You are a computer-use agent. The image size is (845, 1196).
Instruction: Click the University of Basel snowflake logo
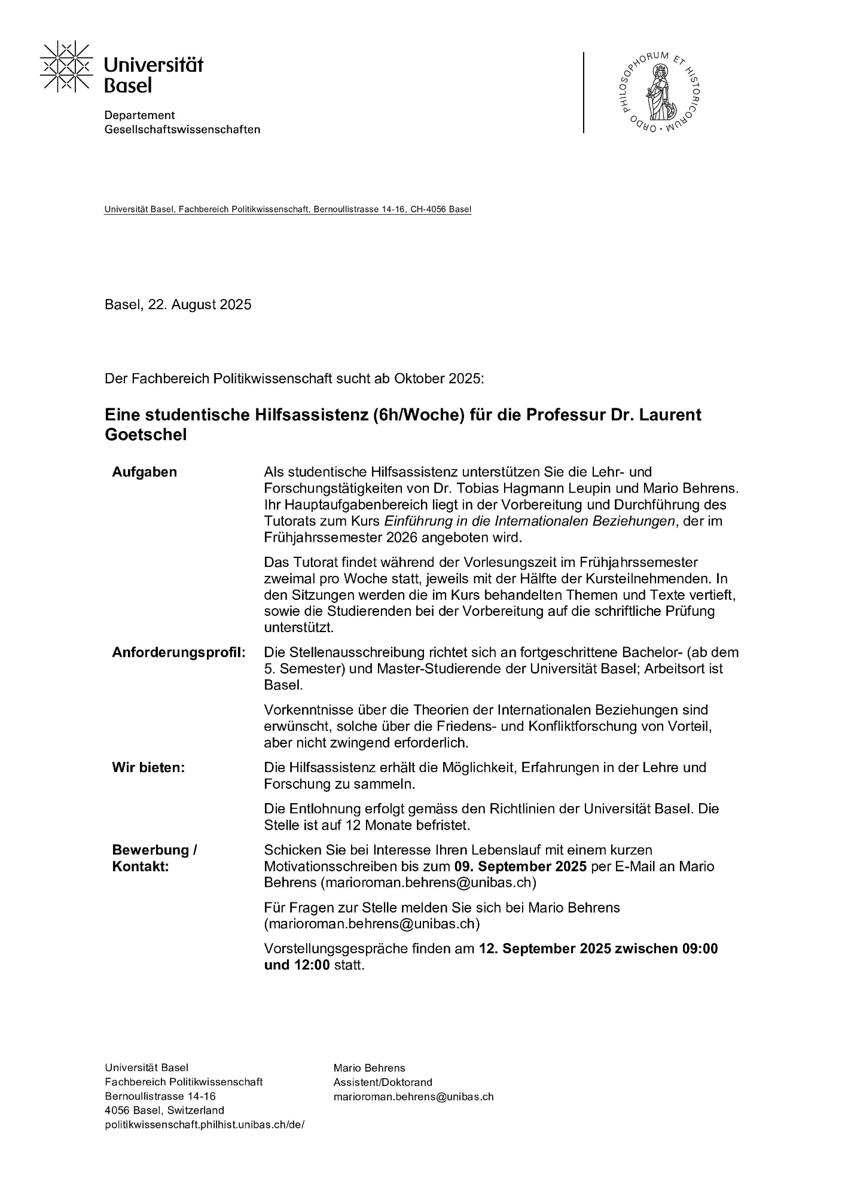pyautogui.click(x=66, y=66)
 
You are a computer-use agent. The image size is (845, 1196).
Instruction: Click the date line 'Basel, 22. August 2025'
pyautogui.click(x=178, y=305)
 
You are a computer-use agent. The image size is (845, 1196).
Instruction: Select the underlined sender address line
pyautogui.click(x=288, y=210)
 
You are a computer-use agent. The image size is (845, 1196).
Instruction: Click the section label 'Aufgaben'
pyautogui.click(x=144, y=472)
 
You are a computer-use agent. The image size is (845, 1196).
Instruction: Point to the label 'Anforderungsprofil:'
pyautogui.click(x=179, y=652)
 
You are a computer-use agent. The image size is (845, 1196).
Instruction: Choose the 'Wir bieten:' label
pyautogui.click(x=148, y=768)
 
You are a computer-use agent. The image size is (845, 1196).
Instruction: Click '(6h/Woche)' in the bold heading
pyautogui.click(x=418, y=414)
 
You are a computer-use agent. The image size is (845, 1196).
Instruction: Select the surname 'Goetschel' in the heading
pyautogui.click(x=145, y=435)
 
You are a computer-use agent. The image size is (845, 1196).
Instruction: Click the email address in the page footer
pyautogui.click(x=413, y=1097)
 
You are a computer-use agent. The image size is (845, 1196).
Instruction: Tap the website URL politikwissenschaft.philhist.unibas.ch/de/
pyautogui.click(x=205, y=1124)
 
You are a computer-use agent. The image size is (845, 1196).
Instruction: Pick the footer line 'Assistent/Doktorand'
pyautogui.click(x=383, y=1082)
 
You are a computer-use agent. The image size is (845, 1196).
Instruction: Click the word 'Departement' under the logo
pyautogui.click(x=139, y=115)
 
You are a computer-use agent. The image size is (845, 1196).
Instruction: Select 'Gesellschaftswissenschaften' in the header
pyautogui.click(x=182, y=130)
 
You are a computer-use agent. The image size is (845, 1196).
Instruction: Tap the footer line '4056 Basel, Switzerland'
pyautogui.click(x=164, y=1110)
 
